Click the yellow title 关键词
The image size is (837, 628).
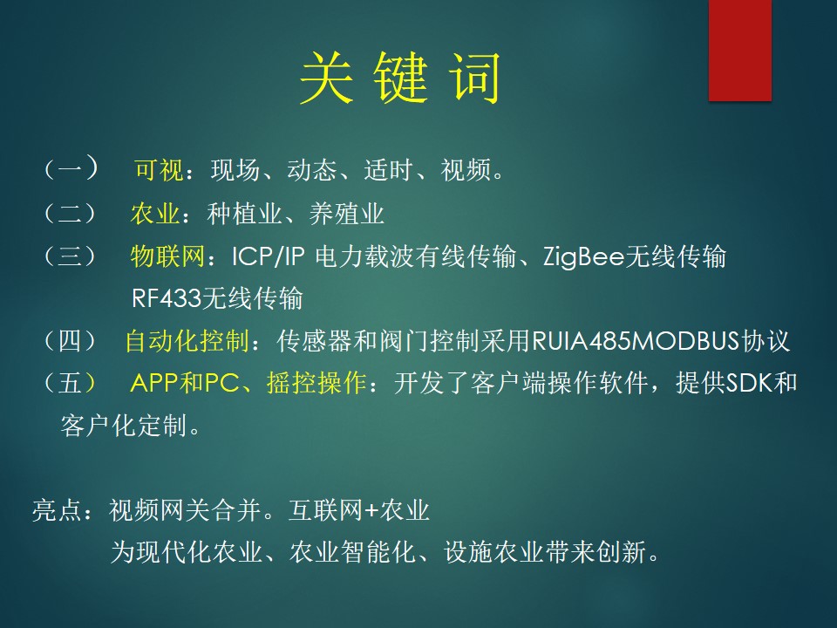(400, 78)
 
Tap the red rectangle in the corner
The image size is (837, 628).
(740, 51)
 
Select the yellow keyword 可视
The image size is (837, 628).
(159, 170)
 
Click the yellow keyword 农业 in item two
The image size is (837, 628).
(155, 214)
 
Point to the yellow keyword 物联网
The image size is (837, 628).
(167, 256)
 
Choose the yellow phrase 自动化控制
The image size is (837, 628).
(187, 341)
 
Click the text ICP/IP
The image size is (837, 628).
(268, 256)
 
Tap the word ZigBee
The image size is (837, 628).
(583, 257)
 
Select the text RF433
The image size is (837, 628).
(166, 298)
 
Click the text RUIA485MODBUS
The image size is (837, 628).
(636, 341)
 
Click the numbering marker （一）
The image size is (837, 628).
(71, 168)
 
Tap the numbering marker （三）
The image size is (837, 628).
(71, 256)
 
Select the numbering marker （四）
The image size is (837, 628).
(71, 341)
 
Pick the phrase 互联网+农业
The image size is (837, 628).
(358, 510)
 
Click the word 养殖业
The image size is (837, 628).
(346, 215)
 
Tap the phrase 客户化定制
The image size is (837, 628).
(124, 426)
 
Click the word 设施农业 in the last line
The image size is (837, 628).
(493, 552)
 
